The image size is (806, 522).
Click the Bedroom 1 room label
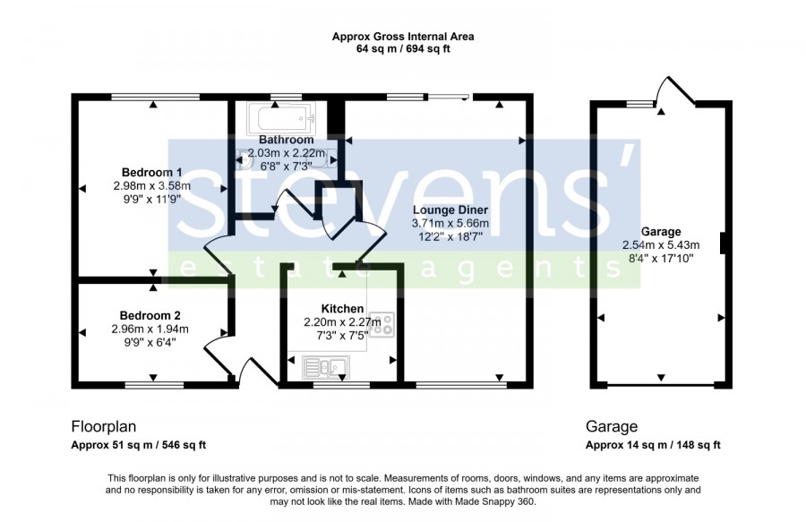point(151,172)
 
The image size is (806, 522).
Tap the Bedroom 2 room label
point(150,315)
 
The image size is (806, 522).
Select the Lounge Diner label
point(450,210)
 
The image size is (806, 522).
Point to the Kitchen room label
point(342,309)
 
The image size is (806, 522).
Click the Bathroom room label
point(287,140)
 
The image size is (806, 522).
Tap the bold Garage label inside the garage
point(661,232)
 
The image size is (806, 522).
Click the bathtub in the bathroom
point(280,117)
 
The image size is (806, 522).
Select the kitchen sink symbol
point(326,367)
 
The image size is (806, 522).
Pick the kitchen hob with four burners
point(382,325)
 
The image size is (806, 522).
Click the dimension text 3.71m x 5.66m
point(450,224)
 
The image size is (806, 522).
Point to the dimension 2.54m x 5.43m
point(661,245)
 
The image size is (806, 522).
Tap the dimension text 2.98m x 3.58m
point(151,186)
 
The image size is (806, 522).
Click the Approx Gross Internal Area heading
point(403,37)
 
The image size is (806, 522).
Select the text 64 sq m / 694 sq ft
point(403,49)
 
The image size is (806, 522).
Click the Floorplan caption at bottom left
point(103,427)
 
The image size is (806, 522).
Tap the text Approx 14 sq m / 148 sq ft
point(653,446)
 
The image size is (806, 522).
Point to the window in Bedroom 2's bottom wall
point(154,385)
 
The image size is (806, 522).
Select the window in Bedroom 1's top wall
point(156,97)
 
